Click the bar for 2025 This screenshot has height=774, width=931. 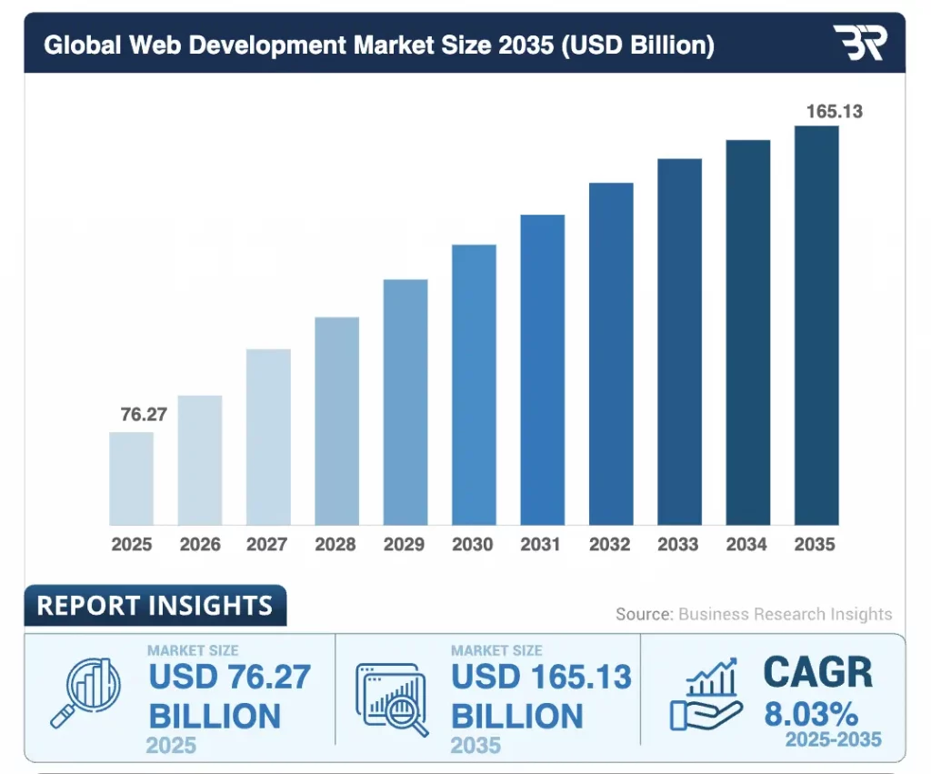coord(131,478)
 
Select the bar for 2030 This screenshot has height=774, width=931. coord(474,385)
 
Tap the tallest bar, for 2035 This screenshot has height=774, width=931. coord(816,326)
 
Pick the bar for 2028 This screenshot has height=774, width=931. coord(336,421)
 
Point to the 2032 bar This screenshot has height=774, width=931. coord(611,354)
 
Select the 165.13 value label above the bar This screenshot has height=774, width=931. coord(834,112)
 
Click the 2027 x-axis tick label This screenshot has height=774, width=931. coord(268,545)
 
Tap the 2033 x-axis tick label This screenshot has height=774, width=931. coord(679,545)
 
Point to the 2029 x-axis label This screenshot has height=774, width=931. coord(405,545)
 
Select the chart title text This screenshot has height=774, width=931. coord(378,45)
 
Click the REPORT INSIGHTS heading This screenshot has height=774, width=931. coord(155,606)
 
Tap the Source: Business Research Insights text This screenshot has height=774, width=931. coord(754,614)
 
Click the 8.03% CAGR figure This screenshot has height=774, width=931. coord(809,710)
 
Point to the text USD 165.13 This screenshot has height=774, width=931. coord(541,678)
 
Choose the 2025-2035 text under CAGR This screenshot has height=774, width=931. coord(834,739)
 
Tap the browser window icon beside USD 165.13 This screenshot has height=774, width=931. coord(392,698)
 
